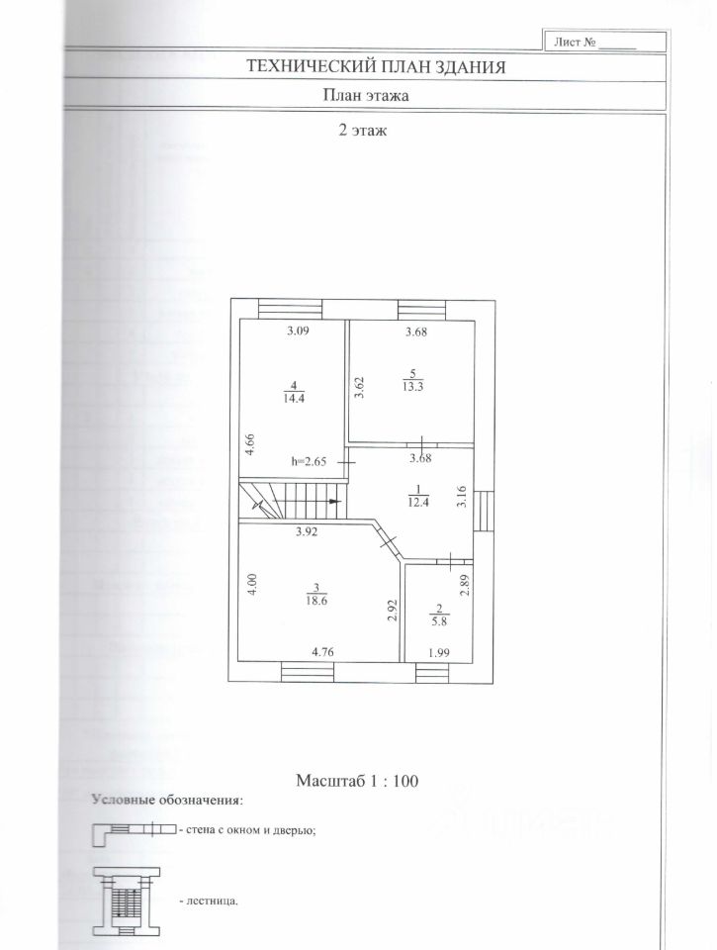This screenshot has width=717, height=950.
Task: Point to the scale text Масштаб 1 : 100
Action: click(x=358, y=781)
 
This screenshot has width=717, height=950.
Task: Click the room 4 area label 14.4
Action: click(x=292, y=399)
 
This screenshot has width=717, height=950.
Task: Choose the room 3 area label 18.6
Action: click(x=314, y=601)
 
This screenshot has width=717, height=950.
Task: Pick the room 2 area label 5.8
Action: click(x=439, y=622)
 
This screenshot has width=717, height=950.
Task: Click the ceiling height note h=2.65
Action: click(x=309, y=461)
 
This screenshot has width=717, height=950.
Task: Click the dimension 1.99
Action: click(x=438, y=652)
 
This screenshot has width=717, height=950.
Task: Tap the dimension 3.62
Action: click(x=361, y=386)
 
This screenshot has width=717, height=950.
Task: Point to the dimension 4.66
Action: click(x=250, y=442)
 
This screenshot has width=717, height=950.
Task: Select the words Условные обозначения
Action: click(x=166, y=799)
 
